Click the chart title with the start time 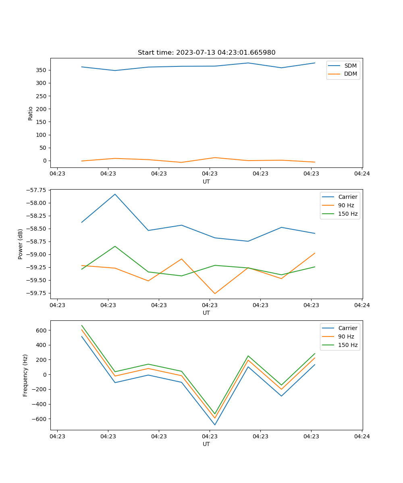point(206,53)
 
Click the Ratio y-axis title point(31,113)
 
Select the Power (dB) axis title point(21,244)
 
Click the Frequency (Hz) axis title point(25,375)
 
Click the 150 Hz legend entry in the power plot point(347,214)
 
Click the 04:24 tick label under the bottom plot point(362,436)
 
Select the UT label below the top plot point(206,182)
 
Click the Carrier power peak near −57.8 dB point(115,194)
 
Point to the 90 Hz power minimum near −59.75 point(215,293)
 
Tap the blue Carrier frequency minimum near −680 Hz point(215,425)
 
